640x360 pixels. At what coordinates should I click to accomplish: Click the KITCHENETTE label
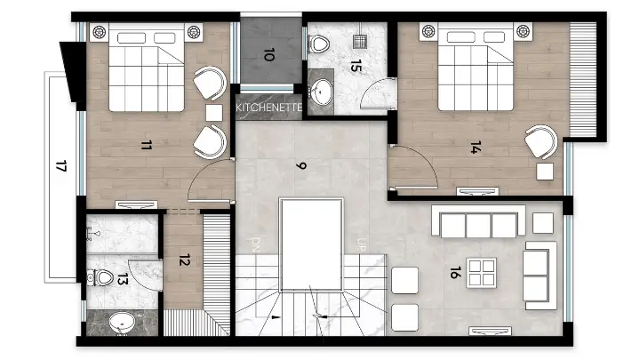269,108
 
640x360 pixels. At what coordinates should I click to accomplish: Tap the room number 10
268,54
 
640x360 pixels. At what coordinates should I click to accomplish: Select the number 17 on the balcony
61,166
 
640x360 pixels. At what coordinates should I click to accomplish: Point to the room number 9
301,165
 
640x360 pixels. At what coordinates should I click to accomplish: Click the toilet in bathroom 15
318,44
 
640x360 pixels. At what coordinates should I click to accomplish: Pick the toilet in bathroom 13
100,278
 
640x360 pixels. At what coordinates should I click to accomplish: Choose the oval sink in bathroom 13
122,323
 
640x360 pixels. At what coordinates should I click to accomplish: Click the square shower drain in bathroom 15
360,41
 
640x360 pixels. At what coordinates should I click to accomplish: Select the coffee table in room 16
482,273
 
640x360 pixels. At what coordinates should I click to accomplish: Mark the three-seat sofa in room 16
478,221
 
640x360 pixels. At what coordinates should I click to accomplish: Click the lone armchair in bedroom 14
541,141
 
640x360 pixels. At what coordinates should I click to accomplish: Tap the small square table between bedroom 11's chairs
214,113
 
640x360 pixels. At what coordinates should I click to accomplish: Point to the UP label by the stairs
361,244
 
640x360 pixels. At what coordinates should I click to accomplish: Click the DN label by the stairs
255,245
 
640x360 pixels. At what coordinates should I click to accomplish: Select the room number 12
185,260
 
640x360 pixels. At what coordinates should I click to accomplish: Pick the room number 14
476,148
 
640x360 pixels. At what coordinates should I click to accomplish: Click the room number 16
455,273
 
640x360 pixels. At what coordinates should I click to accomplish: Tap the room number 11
147,145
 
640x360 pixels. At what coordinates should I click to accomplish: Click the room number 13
123,279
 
